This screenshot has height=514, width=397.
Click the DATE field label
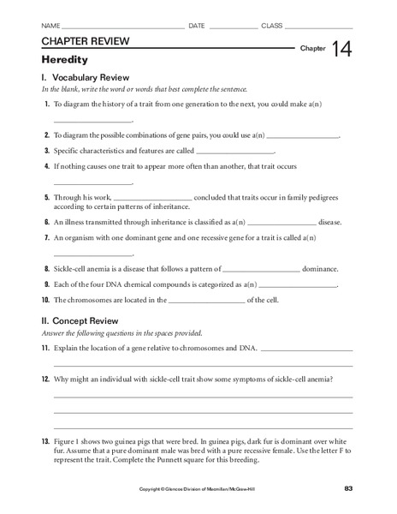click(197, 26)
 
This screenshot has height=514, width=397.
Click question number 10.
click(45, 301)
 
